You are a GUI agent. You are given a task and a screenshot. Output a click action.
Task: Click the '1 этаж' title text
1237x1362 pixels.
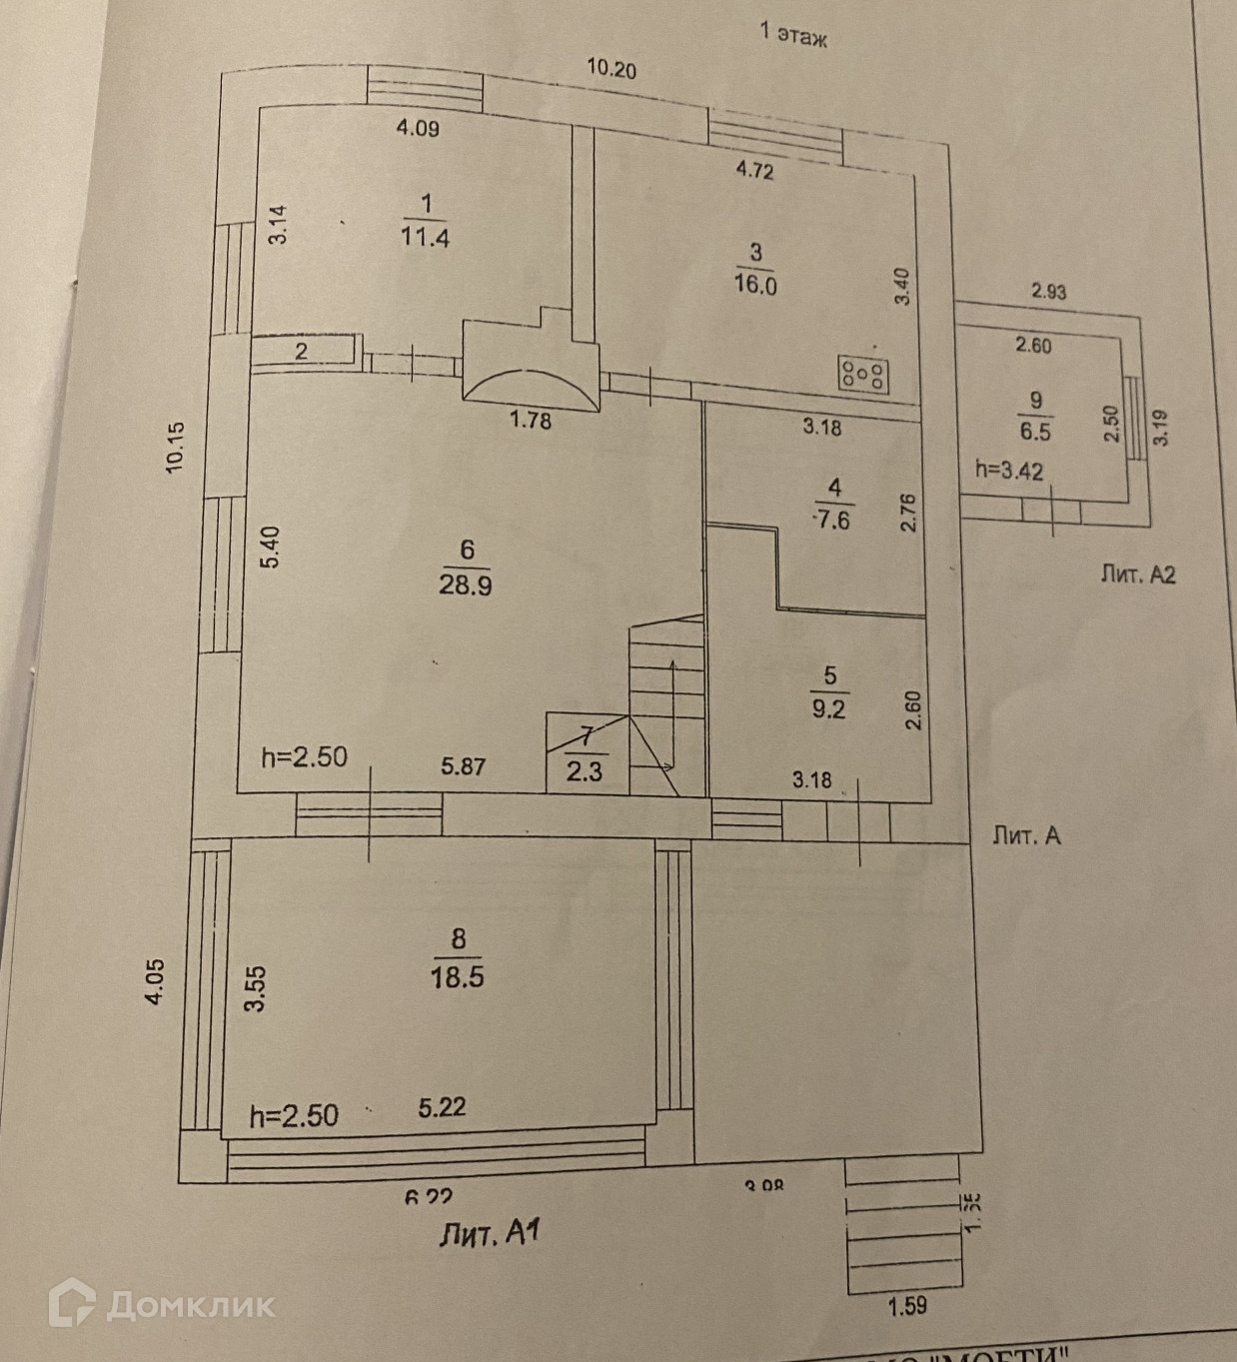point(794,36)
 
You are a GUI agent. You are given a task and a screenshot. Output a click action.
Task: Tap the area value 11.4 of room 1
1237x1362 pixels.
point(425,238)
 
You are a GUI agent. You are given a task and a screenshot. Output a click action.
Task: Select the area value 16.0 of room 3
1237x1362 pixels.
point(755,285)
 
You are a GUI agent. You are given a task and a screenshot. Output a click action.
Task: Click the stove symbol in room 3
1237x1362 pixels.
point(863,374)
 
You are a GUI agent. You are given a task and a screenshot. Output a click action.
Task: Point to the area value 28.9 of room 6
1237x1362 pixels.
point(466,585)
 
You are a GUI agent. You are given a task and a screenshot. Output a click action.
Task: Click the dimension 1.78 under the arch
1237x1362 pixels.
point(531,421)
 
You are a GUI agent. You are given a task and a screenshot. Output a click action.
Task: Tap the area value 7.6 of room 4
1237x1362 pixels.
point(831,520)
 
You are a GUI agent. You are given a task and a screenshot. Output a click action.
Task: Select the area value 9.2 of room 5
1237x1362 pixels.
point(829,708)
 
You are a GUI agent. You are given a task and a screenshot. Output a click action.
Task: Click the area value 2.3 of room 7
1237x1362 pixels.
point(585,770)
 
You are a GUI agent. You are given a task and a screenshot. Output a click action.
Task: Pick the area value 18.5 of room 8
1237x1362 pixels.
point(458,975)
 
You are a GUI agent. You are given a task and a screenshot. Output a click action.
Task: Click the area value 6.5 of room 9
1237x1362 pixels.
point(1035,432)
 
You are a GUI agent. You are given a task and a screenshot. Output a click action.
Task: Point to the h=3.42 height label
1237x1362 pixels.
point(1009,470)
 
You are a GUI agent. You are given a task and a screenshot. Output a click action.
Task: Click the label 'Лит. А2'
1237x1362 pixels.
point(1138,575)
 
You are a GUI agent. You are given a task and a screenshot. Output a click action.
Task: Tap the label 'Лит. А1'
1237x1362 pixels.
point(490,1235)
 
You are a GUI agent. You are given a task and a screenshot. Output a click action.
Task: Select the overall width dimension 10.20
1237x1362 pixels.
point(612,69)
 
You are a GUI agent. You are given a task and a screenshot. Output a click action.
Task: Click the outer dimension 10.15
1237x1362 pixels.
point(176,447)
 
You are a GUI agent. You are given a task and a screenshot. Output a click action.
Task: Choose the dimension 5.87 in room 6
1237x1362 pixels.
point(463,766)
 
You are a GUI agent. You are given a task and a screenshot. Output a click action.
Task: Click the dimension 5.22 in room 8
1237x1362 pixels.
point(442,1107)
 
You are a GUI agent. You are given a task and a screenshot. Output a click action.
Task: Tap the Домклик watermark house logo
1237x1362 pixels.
point(73,1304)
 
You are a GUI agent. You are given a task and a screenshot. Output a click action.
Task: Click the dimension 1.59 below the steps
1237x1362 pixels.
point(907,1305)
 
